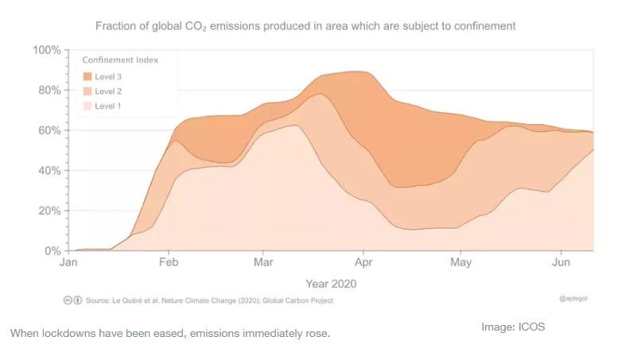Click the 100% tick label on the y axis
point(47,50)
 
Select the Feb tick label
point(168,262)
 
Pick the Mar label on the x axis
point(263,262)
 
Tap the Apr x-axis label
point(364,262)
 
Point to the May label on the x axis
point(461,262)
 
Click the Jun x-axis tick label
point(561,262)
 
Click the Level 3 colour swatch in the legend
point(87,76)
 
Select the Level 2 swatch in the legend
point(87,91)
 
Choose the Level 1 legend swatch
point(87,106)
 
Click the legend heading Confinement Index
point(120,60)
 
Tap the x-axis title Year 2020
point(331,284)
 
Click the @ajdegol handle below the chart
point(573,299)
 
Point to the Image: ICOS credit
point(513,327)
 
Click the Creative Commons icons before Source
point(72,300)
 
